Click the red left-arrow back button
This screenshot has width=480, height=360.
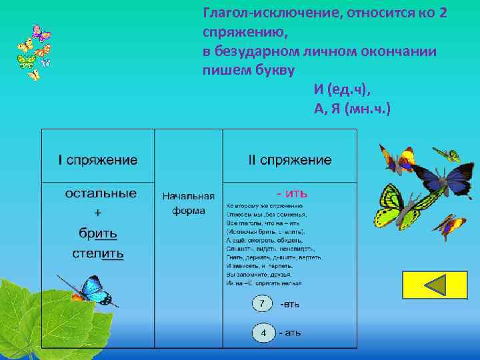click(x=435, y=285)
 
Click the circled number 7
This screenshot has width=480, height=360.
click(x=262, y=304)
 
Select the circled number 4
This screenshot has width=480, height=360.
click(x=263, y=332)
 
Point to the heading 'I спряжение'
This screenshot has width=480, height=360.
click(x=98, y=160)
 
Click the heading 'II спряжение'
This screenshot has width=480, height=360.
click(x=289, y=160)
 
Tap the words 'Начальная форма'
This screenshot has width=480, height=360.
click(x=189, y=203)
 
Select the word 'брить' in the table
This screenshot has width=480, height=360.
click(x=98, y=233)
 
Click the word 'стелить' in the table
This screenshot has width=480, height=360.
click(x=98, y=253)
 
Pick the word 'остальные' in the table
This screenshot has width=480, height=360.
click(x=101, y=193)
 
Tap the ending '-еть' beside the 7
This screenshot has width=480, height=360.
click(x=289, y=304)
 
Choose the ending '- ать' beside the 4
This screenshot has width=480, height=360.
click(x=289, y=332)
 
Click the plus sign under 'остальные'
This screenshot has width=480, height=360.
click(x=98, y=213)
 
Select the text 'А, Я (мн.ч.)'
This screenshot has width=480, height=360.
click(x=352, y=109)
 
